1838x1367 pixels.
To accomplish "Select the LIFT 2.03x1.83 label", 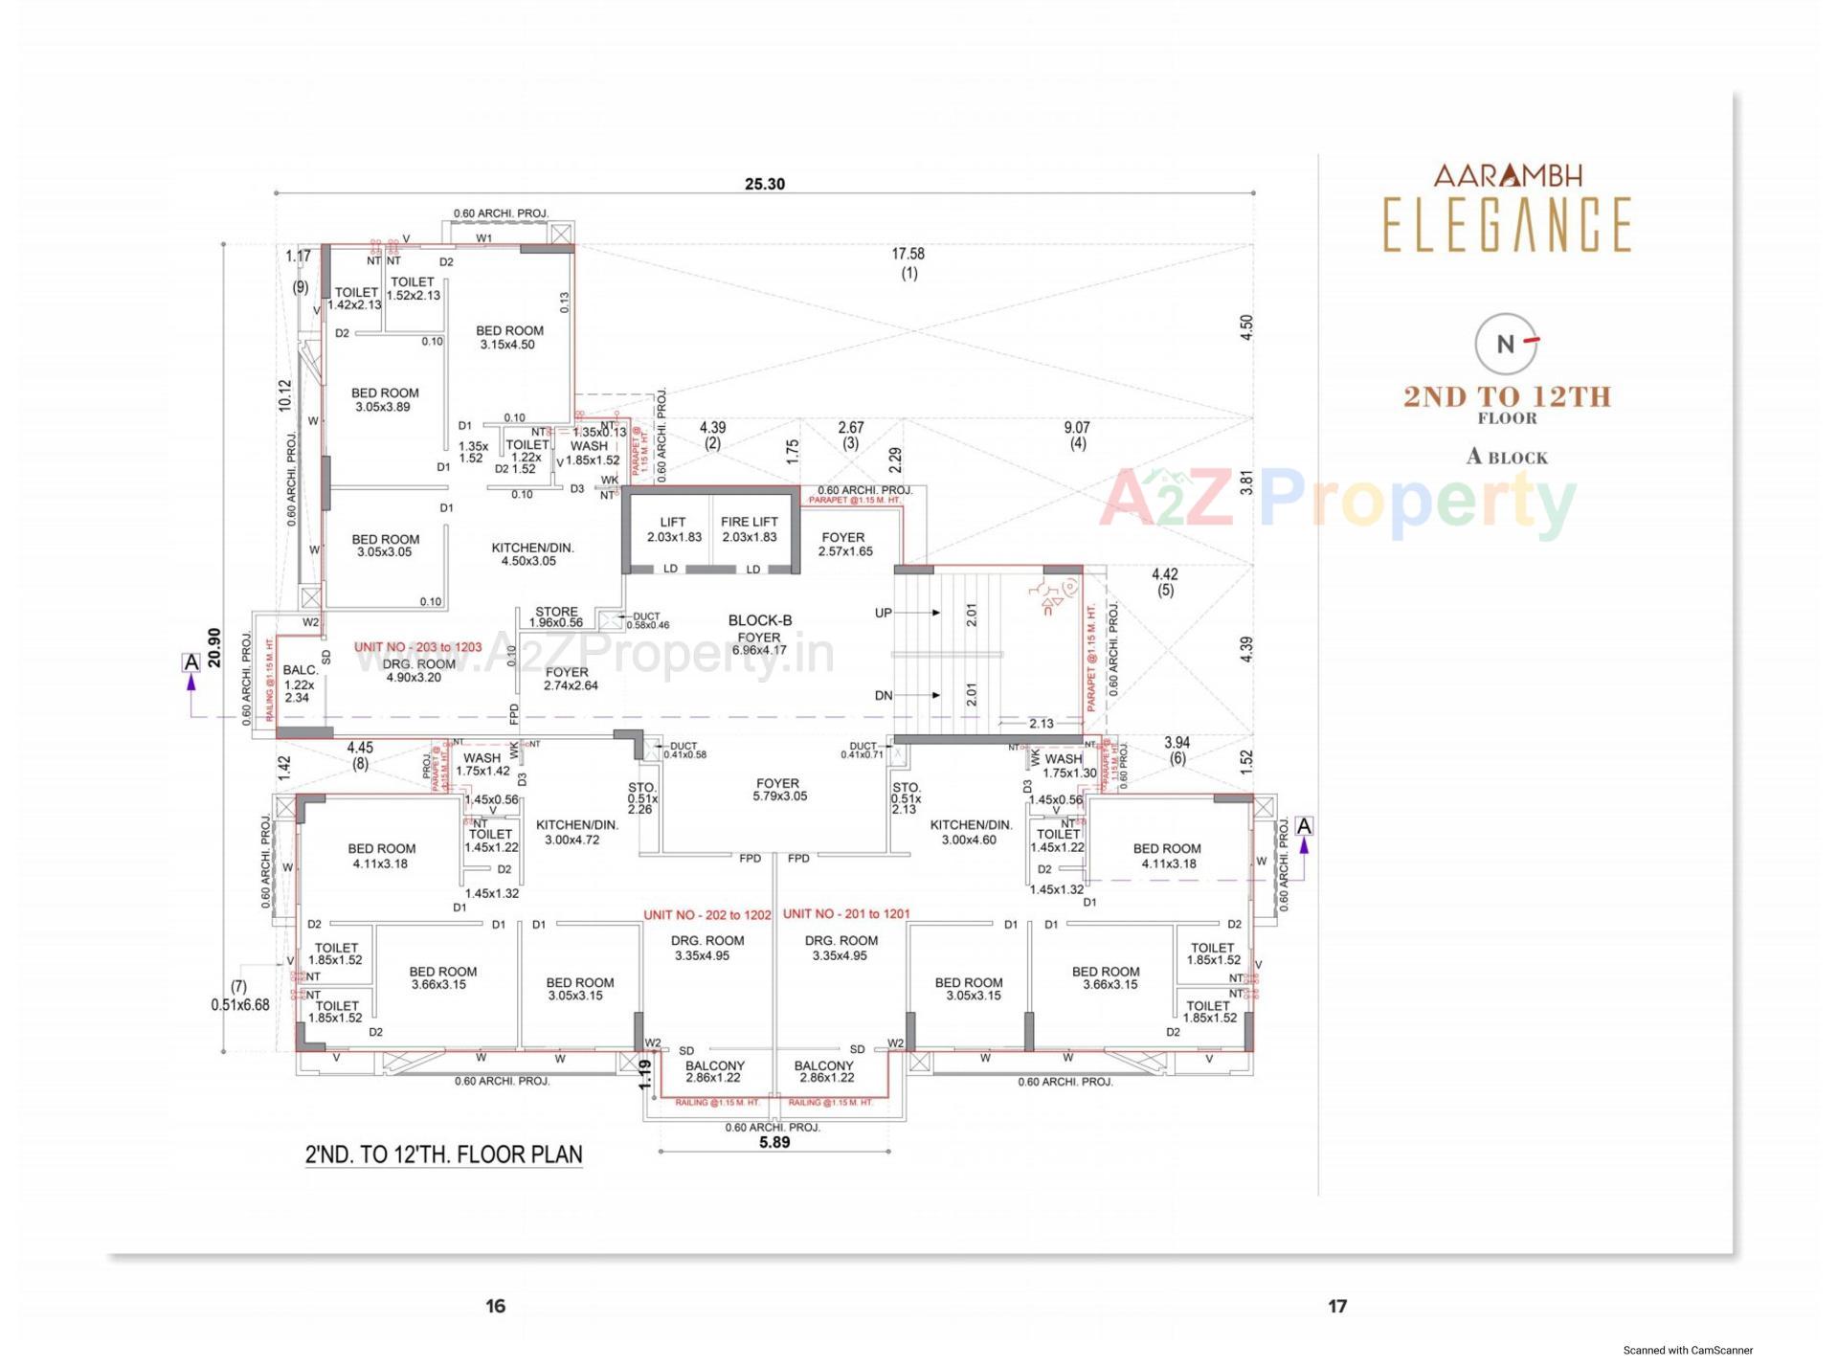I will tap(673, 529).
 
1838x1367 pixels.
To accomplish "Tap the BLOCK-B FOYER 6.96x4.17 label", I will tap(759, 635).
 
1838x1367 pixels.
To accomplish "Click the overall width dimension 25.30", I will tap(764, 184).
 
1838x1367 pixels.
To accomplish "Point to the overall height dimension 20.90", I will tap(214, 647).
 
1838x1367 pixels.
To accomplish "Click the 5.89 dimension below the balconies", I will tap(774, 1142).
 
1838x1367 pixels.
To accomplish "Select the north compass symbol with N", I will tap(1506, 344).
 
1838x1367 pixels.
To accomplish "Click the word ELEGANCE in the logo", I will tap(1507, 225).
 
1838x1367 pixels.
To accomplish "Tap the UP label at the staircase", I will tap(883, 613).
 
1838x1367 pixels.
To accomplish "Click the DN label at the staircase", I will tap(883, 695).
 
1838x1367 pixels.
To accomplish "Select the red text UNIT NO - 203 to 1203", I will tap(417, 647).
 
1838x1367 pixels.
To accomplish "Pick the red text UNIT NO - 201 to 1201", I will tap(846, 913).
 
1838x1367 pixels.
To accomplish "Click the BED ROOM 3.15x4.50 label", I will tap(509, 337).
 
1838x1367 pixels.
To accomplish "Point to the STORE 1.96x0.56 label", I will tap(556, 616).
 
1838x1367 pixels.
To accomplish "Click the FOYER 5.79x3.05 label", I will tap(778, 789).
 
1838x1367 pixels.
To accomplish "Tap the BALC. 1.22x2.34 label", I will tap(300, 683).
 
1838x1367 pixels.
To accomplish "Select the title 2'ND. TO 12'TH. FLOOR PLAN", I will tap(443, 1154).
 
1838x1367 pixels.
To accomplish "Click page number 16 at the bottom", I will tap(495, 1306).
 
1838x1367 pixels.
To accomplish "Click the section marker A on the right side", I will tap(1303, 825).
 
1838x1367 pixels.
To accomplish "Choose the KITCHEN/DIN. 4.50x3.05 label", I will tap(531, 553).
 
